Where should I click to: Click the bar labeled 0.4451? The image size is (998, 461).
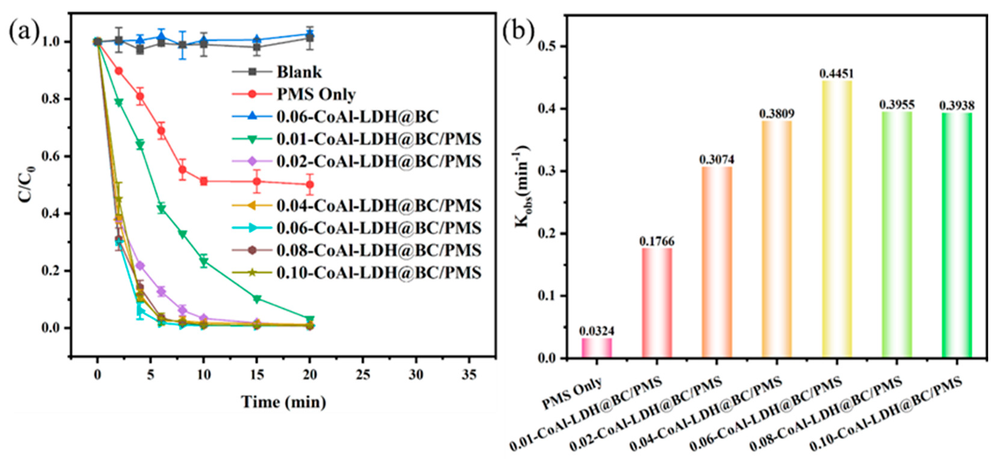pos(837,219)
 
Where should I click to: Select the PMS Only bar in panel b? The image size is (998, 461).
pos(597,348)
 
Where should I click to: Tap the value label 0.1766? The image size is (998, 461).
pos(657,241)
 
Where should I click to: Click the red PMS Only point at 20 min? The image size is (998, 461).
pos(310,185)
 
